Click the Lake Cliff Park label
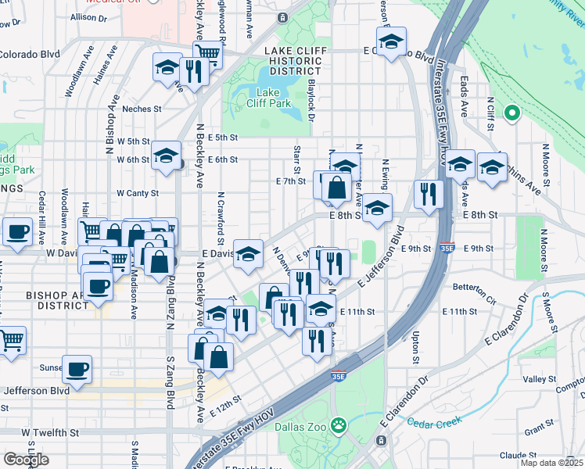pos(274,97)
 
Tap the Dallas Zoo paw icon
pos(338,425)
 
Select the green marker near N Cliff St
pos(512,113)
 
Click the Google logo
pos(26,459)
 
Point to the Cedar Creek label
pos(435,422)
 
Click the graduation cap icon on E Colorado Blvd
pos(392,40)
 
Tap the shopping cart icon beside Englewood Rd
pos(207,53)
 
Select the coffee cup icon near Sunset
pos(77,368)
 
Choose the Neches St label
pos(142,109)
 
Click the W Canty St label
pos(138,192)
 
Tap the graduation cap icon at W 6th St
pos(166,155)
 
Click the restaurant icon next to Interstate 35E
pos(428,193)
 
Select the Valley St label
pos(539,379)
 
